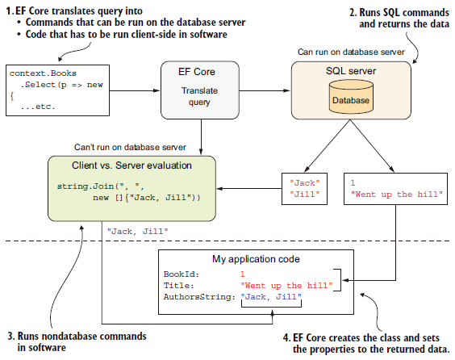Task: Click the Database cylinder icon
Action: coord(351,97)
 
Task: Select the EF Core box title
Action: coord(197,72)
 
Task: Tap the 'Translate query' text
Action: coord(199,96)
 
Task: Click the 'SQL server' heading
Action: coord(351,71)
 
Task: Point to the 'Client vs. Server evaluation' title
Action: coord(131,165)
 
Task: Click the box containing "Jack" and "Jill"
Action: coord(304,189)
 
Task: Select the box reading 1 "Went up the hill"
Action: coord(395,189)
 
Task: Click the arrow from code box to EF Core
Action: coord(135,90)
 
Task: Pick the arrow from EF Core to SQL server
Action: coord(265,90)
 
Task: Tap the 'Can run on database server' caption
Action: coord(351,52)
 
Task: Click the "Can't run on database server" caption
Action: coord(130,147)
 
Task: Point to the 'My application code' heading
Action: coord(256,259)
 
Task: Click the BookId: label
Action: coord(182,274)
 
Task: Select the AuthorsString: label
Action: coord(199,297)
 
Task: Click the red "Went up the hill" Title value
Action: coord(286,286)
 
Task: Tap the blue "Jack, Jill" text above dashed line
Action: coord(137,232)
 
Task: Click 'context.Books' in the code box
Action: coord(43,73)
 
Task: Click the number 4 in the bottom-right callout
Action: coord(286,337)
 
